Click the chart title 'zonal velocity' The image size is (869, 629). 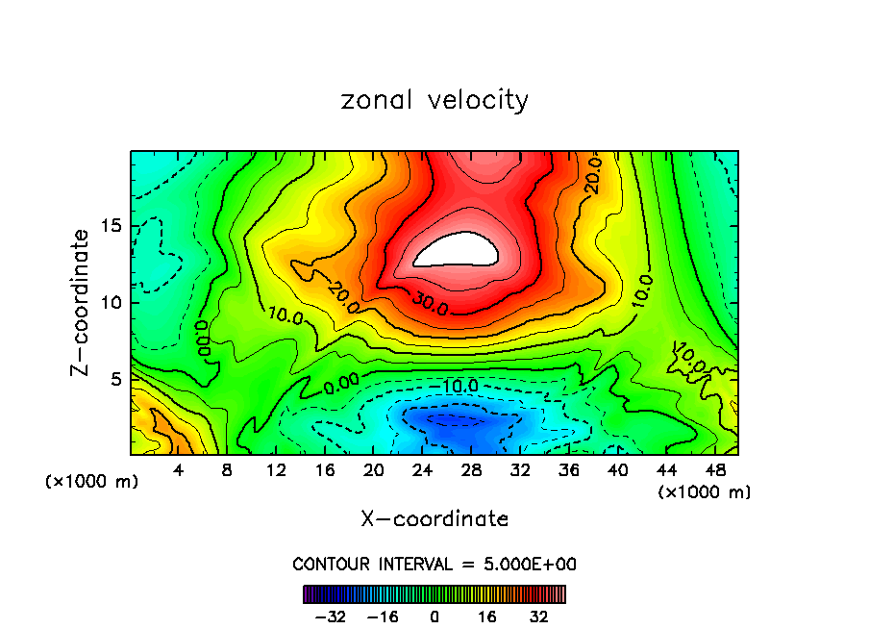[434, 100]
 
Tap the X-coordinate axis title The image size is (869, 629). [434, 519]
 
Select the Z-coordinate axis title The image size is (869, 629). [81, 302]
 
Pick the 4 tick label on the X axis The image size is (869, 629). [178, 470]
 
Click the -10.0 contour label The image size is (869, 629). [459, 386]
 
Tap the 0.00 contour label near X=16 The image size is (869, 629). [342, 387]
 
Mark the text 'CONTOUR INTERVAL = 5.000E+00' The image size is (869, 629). [434, 565]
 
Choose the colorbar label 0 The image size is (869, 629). [434, 616]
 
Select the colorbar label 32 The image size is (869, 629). [540, 616]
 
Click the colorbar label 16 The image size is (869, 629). [487, 616]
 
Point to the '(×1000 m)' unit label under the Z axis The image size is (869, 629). [92, 482]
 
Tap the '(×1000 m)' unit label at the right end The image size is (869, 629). [704, 492]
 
